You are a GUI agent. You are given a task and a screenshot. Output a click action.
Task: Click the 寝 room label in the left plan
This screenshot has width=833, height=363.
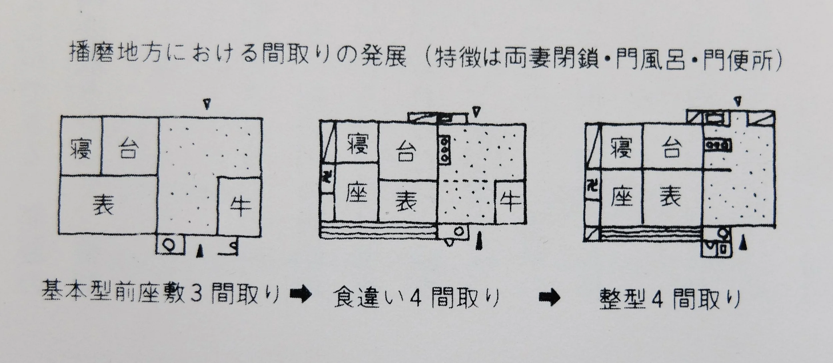tap(81, 149)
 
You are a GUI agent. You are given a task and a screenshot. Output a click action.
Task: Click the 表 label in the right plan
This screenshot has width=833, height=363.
tap(670, 196)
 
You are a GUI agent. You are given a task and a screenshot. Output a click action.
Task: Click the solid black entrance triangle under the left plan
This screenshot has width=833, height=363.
tap(200, 250)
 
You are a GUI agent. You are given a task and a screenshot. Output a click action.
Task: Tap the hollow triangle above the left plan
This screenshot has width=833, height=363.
tap(207, 104)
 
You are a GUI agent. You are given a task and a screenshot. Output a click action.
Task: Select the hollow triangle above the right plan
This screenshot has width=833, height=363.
tap(738, 101)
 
